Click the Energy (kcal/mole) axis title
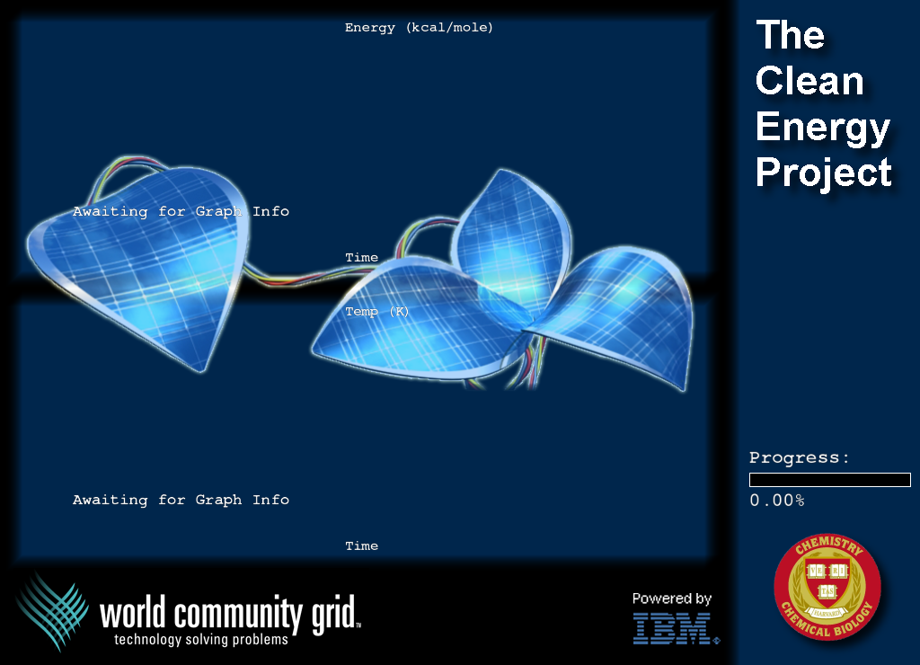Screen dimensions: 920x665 (419, 28)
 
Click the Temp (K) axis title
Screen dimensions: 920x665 (376, 311)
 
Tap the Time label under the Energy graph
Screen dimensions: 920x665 (361, 257)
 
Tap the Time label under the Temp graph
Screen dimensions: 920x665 (361, 545)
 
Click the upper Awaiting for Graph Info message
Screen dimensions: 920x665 (181, 211)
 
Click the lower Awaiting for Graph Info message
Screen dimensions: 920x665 (181, 500)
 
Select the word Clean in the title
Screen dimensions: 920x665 (809, 80)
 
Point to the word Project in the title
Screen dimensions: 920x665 (824, 173)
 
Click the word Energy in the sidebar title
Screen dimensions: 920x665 (823, 128)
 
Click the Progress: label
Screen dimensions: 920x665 (799, 457)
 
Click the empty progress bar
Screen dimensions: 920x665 (829, 480)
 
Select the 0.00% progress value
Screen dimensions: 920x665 (777, 500)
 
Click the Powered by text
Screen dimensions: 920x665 (672, 598)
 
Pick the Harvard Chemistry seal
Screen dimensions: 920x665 (827, 586)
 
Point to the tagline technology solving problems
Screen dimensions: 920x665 (200, 639)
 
